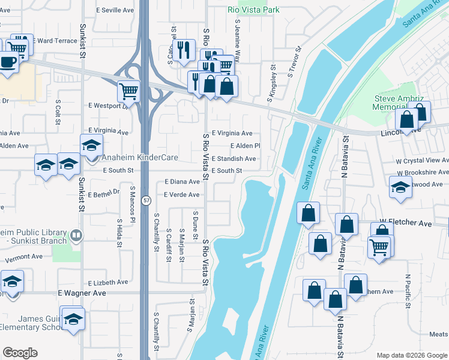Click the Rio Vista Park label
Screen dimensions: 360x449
(254, 10)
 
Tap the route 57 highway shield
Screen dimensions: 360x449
(145, 201)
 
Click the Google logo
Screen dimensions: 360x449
(20, 353)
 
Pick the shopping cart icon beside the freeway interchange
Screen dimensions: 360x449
(128, 91)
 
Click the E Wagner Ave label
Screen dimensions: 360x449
(82, 293)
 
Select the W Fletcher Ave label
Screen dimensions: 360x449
(411, 223)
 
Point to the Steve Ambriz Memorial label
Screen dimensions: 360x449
(399, 103)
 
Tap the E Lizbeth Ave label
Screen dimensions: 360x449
(108, 282)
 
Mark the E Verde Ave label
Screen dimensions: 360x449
(178, 195)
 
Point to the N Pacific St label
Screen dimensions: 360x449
(408, 291)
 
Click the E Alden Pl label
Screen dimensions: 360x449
(245, 146)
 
